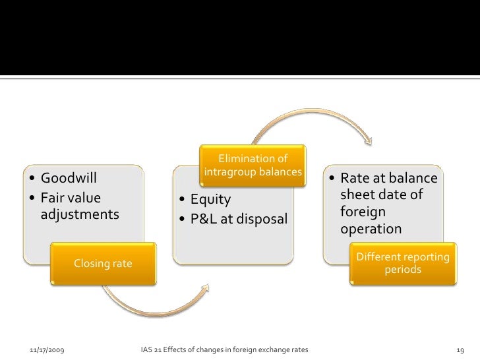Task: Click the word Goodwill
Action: pyautogui.click(x=69, y=178)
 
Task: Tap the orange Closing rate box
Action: pyautogui.click(x=103, y=264)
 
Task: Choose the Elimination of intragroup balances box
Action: pyautogui.click(x=253, y=165)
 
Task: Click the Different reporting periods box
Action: pyautogui.click(x=403, y=263)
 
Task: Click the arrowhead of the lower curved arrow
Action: pyautogui.click(x=204, y=289)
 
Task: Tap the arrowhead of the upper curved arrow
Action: pyautogui.click(x=367, y=140)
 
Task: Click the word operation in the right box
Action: pyautogui.click(x=371, y=229)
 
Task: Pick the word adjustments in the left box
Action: pyautogui.click(x=80, y=214)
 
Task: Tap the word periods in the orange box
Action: pyautogui.click(x=403, y=270)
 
